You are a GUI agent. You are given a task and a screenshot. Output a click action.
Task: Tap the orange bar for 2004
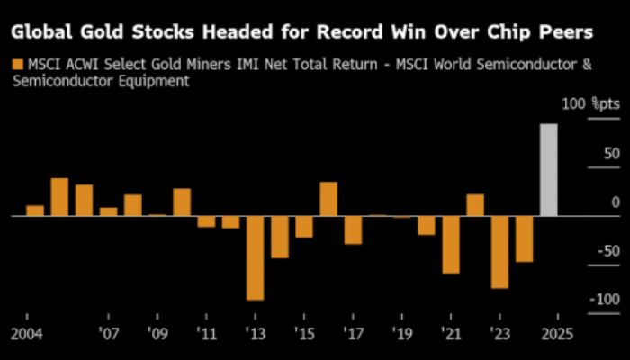click(x=35, y=211)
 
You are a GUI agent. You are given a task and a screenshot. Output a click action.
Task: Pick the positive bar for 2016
click(x=328, y=199)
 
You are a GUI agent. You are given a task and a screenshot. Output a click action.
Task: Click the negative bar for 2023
click(x=499, y=252)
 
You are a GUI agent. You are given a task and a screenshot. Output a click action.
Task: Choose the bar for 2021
click(x=451, y=244)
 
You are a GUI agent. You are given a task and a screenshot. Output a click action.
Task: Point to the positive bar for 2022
click(x=475, y=205)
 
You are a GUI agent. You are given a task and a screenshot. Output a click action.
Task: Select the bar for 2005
click(x=59, y=197)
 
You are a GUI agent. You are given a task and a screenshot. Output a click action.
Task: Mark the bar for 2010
click(x=182, y=202)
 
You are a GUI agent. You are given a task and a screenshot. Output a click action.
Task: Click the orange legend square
click(x=16, y=65)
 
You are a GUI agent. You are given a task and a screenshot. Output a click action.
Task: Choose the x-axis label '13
click(x=256, y=332)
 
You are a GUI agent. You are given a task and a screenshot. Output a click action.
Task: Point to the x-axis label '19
click(x=402, y=332)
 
